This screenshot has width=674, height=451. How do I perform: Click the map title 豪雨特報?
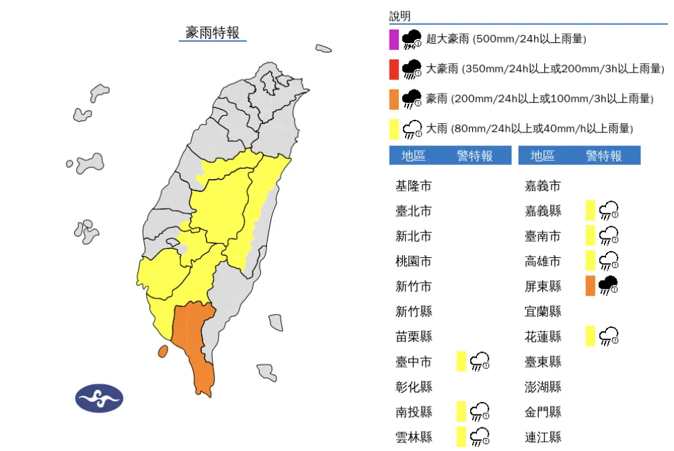(213, 32)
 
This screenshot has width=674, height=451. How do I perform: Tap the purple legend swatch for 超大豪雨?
(394, 40)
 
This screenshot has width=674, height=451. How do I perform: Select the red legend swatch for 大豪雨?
(394, 69)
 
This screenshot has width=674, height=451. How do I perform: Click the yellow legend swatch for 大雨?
(394, 129)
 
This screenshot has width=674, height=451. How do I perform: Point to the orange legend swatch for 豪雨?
(394, 99)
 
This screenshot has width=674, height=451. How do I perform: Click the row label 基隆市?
(413, 186)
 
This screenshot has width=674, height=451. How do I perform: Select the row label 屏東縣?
(542, 286)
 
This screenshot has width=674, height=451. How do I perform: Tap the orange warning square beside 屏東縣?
(590, 285)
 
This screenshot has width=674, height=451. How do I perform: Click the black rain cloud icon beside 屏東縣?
(608, 285)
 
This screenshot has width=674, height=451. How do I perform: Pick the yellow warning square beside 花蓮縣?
(590, 336)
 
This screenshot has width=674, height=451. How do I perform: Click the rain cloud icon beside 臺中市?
(480, 361)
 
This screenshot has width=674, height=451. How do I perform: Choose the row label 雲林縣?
(413, 437)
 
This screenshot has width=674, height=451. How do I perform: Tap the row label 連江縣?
(542, 437)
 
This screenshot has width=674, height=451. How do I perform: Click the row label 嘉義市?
(542, 186)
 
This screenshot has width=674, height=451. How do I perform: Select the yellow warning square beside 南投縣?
(461, 411)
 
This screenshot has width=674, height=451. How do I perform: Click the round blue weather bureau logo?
(99, 398)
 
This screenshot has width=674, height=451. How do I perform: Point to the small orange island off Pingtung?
(162, 351)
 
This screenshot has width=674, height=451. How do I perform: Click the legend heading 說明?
(400, 16)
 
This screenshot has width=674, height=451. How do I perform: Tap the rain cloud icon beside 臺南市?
(608, 236)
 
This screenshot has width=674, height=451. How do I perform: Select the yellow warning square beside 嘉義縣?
(590, 210)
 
